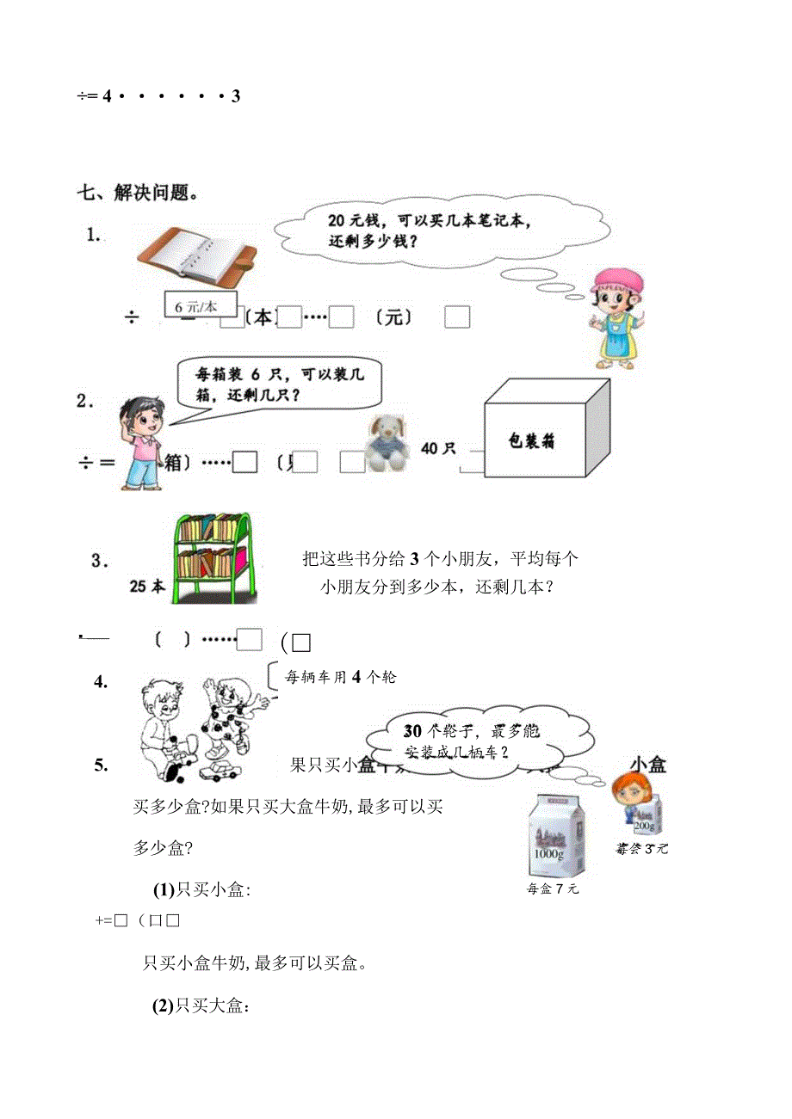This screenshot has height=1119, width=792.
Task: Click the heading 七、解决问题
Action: point(140,193)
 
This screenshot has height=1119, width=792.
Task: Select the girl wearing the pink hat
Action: point(616,316)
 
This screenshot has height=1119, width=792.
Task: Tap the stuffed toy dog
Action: point(387,443)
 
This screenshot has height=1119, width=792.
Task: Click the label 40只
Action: point(438,447)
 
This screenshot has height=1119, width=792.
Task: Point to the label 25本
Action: point(147,587)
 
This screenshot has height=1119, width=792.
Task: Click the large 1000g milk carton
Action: point(555,834)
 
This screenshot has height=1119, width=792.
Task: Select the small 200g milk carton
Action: point(647,814)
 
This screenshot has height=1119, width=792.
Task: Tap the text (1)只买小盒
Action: point(201,890)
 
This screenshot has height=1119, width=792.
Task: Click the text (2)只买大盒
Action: point(201,1005)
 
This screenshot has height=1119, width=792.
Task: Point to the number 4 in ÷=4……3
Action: point(107,96)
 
